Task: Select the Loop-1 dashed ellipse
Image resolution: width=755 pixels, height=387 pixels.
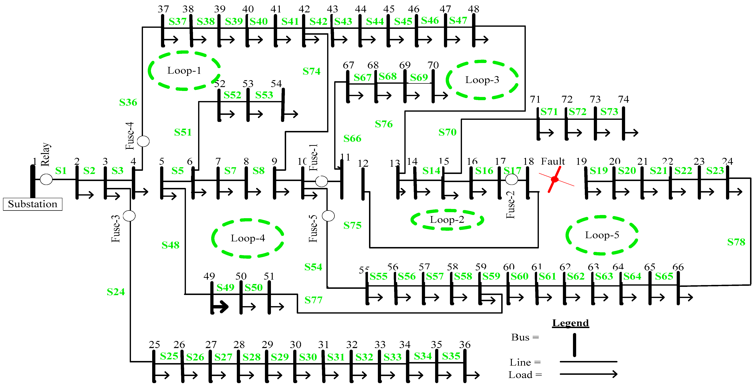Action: [x=184, y=71]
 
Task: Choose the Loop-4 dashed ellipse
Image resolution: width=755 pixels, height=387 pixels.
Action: [x=248, y=238]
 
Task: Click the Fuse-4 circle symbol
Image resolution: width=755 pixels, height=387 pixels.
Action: [x=143, y=141]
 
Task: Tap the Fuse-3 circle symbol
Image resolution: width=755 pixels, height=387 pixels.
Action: [x=129, y=216]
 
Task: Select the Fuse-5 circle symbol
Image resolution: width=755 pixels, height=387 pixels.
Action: [x=328, y=216]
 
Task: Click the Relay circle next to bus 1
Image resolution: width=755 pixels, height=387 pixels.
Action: [x=46, y=179]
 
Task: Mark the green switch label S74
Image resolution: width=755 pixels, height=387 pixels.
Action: [x=312, y=71]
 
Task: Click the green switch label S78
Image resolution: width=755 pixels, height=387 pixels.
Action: [x=736, y=242]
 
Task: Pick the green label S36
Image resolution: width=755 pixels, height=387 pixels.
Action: [x=128, y=102]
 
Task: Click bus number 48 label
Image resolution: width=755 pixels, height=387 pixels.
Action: [x=473, y=9]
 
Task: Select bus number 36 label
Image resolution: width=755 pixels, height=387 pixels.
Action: [x=465, y=345]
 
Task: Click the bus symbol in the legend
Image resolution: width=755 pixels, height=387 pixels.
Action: [x=574, y=345]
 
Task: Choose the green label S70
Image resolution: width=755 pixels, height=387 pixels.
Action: [x=447, y=132]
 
